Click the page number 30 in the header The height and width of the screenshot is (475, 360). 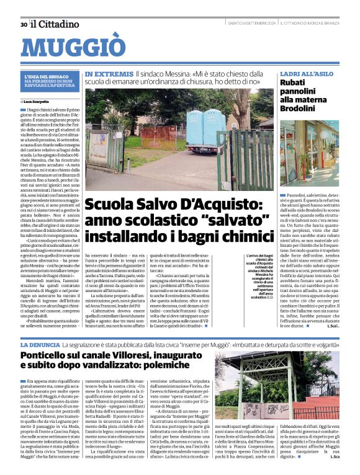(23, 24)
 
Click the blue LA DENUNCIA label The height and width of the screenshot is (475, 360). (40, 344)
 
